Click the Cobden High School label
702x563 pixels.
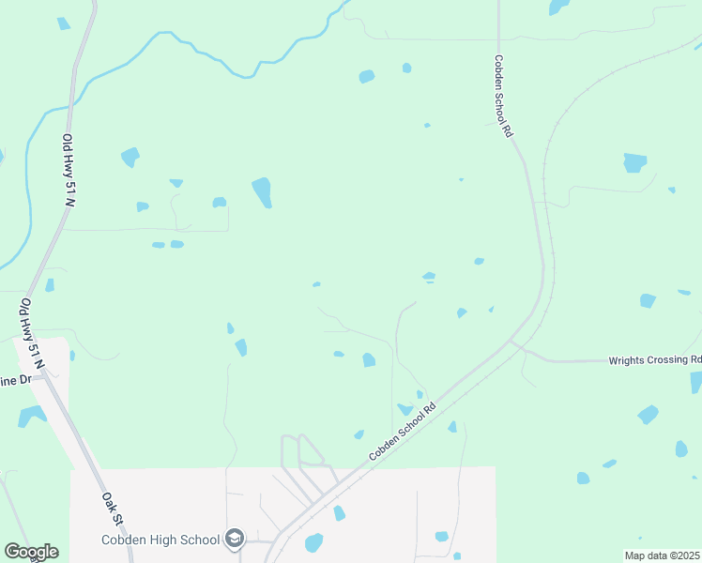click(160, 540)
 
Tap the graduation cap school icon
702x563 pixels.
click(235, 539)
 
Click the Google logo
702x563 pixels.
click(31, 552)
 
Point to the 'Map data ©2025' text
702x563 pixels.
click(662, 555)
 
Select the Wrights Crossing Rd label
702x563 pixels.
click(655, 359)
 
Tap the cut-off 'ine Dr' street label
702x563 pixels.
click(16, 380)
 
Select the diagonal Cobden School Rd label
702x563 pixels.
click(404, 431)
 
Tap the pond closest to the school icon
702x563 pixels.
click(313, 542)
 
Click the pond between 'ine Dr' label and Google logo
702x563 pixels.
click(31, 415)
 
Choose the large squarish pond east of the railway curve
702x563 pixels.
click(635, 162)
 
